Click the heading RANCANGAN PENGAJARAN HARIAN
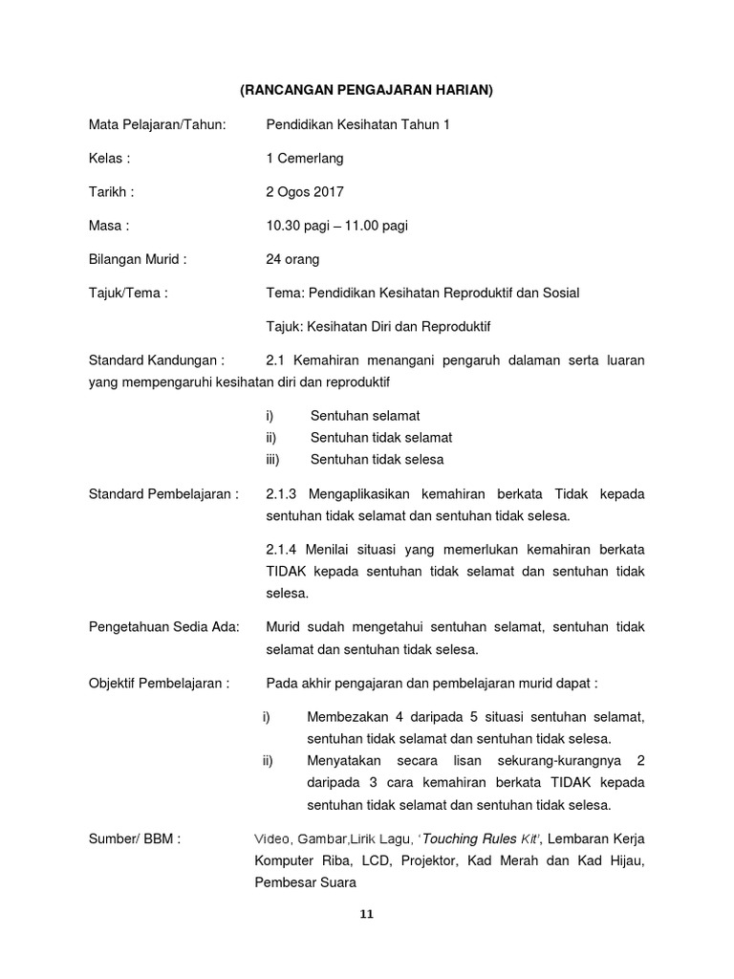tap(366, 91)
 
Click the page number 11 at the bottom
tap(366, 914)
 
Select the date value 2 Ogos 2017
tap(305, 191)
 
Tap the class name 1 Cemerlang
tap(305, 158)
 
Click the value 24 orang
tap(292, 259)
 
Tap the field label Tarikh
tap(111, 191)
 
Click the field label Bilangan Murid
tap(138, 259)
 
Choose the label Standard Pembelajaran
tap(163, 494)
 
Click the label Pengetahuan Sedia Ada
tap(164, 627)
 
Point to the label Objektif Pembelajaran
tap(159, 684)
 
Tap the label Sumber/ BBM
tap(135, 839)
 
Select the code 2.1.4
tap(282, 549)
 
